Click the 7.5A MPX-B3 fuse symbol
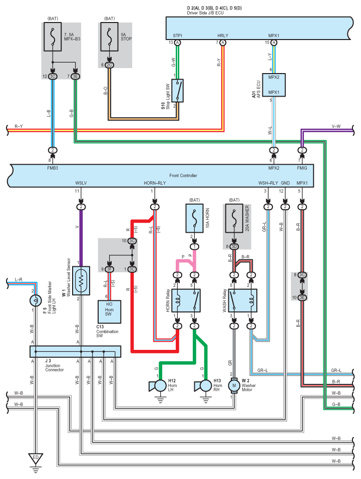tap(53, 37)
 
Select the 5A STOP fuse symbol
tap(110, 37)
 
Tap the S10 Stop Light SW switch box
tap(177, 91)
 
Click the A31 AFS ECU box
tap(274, 85)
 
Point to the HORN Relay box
tap(186, 301)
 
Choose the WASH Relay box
tap(243, 301)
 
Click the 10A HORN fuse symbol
tap(194, 218)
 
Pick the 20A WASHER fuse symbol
tap(234, 218)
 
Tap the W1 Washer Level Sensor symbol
tap(81, 281)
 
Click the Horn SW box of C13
tap(110, 312)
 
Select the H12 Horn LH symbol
tap(158, 386)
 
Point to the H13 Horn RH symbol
tap(203, 386)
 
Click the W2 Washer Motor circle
tap(234, 385)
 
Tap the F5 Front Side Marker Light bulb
tap(36, 301)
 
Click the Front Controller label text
tap(183, 176)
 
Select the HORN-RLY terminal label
tap(155, 183)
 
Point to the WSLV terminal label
tap(81, 183)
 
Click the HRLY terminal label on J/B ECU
tap(223, 36)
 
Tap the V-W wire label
tap(336, 126)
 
